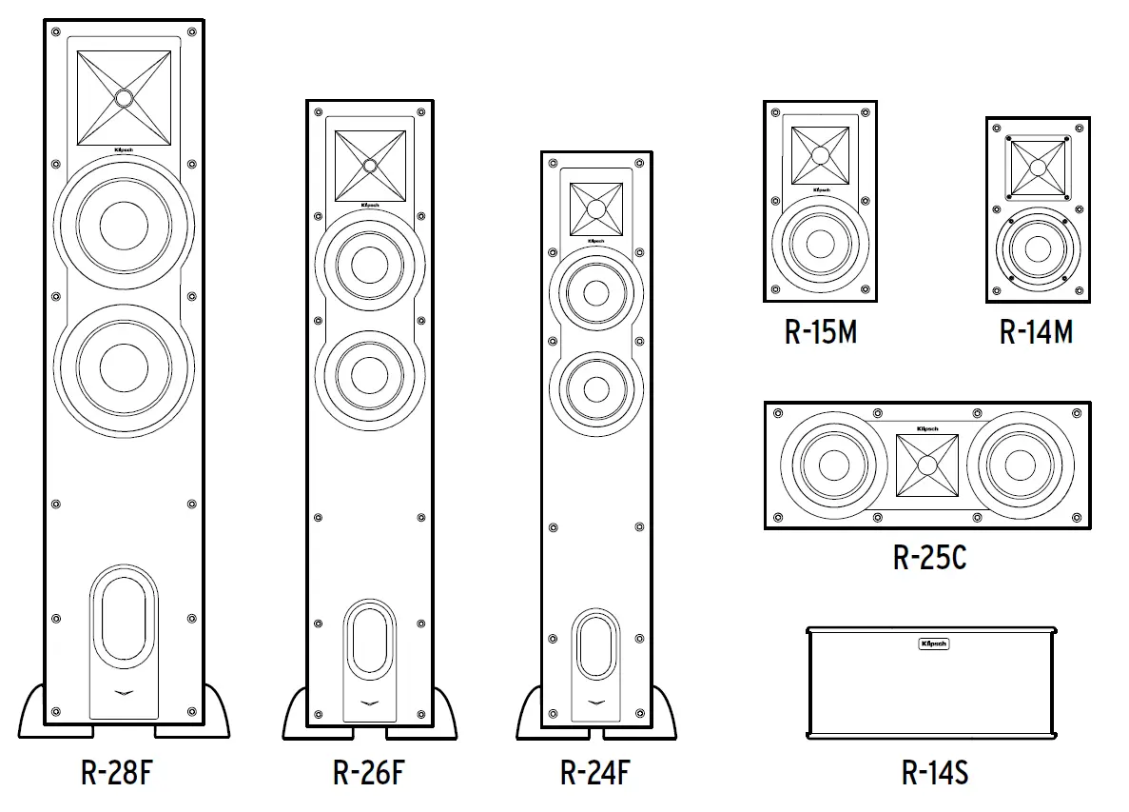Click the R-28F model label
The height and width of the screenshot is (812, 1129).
point(116,773)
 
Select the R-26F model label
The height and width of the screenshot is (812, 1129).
point(368,773)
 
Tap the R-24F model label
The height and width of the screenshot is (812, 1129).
point(595,773)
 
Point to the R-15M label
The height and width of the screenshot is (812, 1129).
point(820,332)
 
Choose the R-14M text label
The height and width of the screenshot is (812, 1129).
point(1037,332)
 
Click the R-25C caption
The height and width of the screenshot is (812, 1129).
point(929,557)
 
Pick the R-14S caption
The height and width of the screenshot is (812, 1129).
point(934,773)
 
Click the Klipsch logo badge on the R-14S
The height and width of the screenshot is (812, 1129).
point(933,644)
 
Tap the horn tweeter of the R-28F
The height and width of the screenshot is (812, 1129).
point(125,97)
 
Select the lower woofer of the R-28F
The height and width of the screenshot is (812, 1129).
point(125,366)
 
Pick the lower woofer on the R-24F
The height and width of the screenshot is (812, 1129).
point(596,389)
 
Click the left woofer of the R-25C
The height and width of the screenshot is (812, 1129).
point(832,465)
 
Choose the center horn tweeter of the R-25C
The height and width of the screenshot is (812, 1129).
point(928,465)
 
